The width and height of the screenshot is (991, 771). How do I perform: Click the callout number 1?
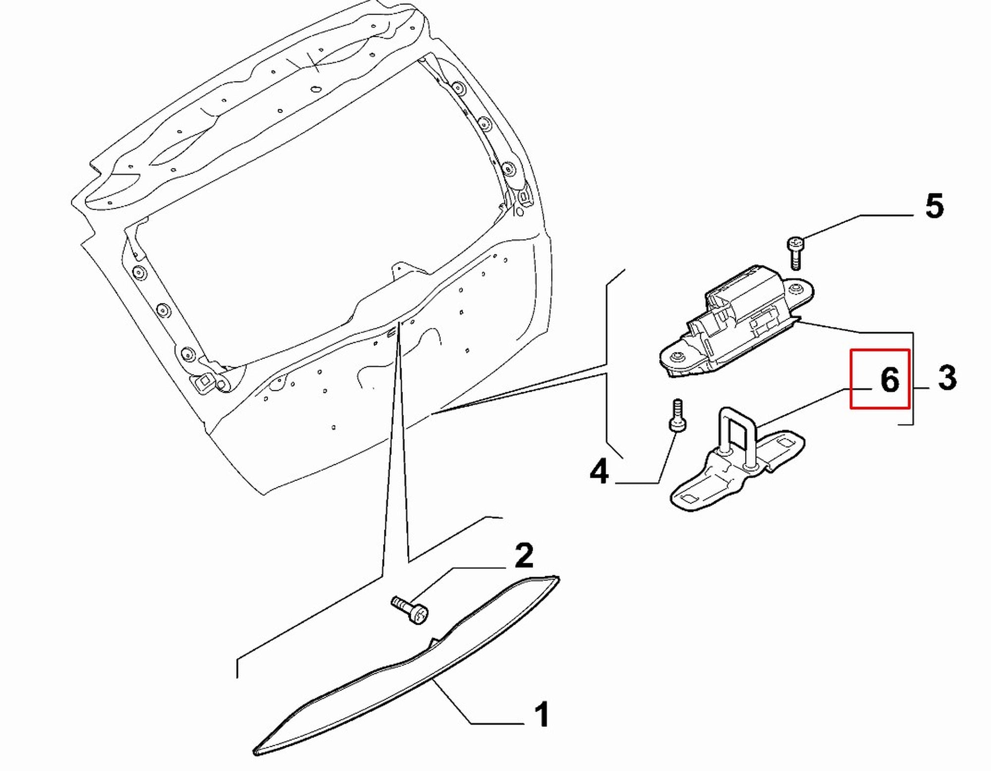pyautogui.click(x=543, y=714)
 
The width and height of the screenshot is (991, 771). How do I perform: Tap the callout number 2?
pyautogui.click(x=524, y=556)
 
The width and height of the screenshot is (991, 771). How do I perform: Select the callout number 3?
pyautogui.click(x=947, y=378)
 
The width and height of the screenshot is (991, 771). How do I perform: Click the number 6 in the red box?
pyautogui.click(x=889, y=380)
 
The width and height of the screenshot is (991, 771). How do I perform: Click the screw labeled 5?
pyautogui.click(x=795, y=253)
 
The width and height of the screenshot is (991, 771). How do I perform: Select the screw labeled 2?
pyautogui.click(x=410, y=610)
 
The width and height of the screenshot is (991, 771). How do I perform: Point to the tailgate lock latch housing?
pyautogui.click(x=737, y=322)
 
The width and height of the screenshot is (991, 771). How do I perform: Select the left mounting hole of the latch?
pyautogui.click(x=676, y=356)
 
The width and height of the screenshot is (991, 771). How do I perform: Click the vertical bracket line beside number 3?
pyautogui.click(x=913, y=379)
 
